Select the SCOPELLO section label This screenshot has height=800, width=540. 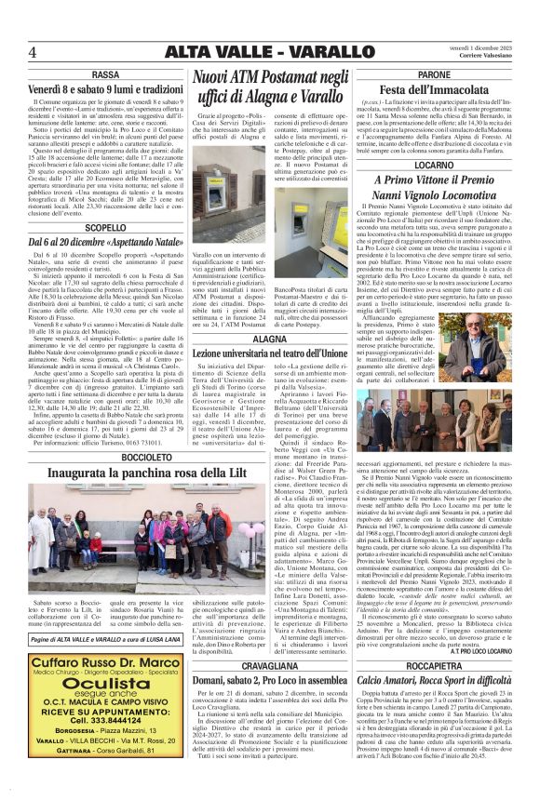105,227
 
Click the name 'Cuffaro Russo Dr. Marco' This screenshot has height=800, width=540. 105,661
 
